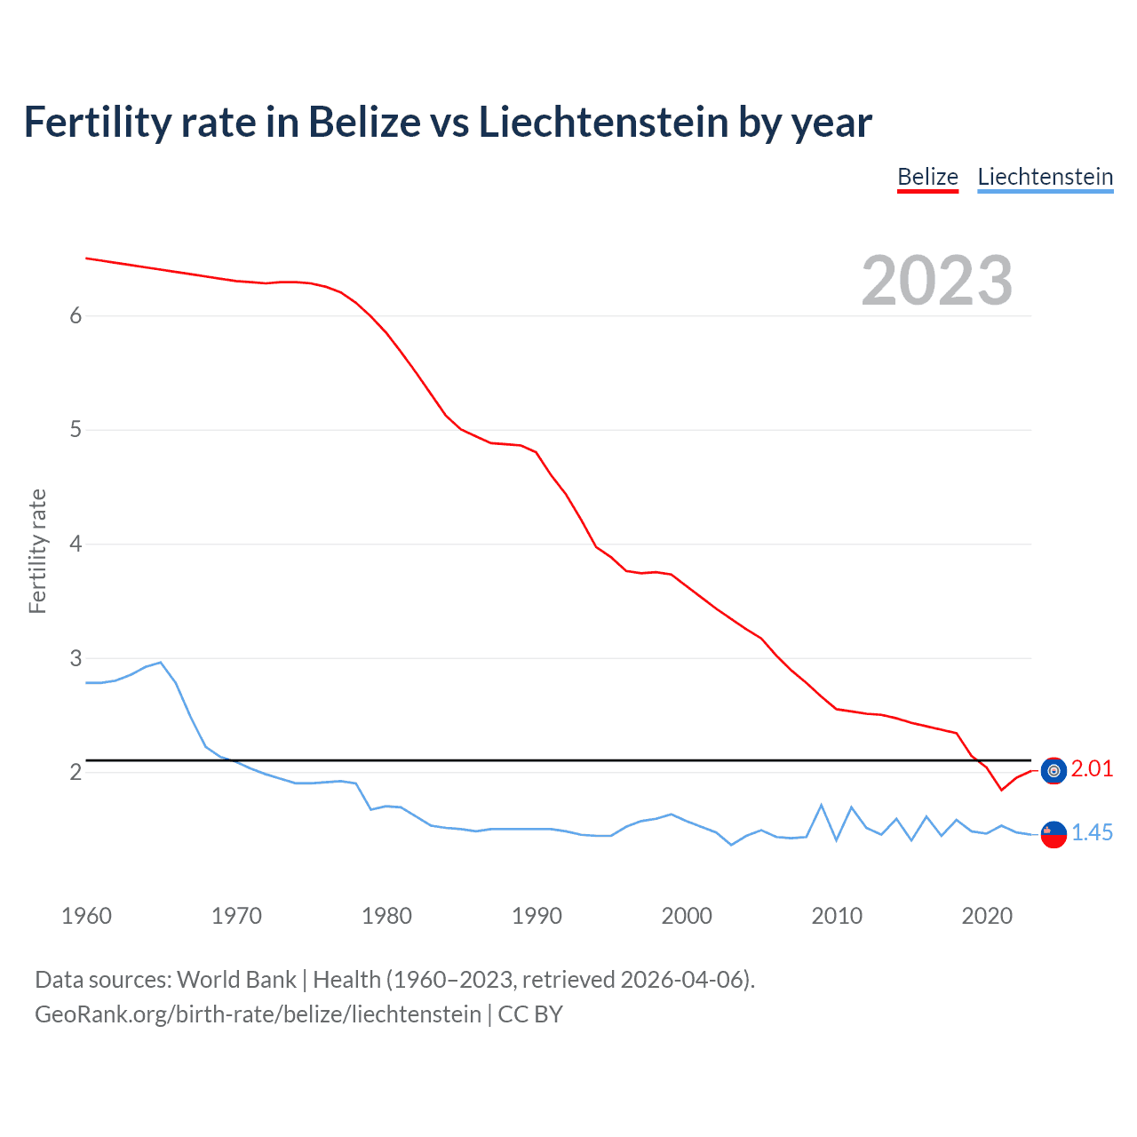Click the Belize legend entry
[927, 177]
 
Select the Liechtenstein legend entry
[1045, 177]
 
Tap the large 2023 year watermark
[936, 281]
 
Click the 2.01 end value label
[1092, 768]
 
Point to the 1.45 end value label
[1092, 832]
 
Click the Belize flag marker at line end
[1054, 770]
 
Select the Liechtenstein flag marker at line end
[1054, 834]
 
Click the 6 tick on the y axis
[76, 315]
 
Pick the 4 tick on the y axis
[76, 544]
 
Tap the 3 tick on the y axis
[76, 658]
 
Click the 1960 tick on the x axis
[86, 916]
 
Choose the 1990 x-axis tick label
[537, 916]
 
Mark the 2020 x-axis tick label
[987, 916]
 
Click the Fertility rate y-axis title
[37, 551]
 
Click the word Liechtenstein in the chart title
[604, 122]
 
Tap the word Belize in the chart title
[364, 122]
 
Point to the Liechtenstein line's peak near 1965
[161, 662]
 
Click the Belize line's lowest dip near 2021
[1001, 790]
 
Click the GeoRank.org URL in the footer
[258, 1014]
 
